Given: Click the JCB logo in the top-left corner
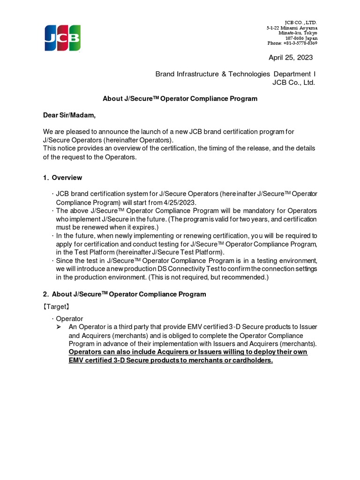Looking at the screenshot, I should [x=62, y=38].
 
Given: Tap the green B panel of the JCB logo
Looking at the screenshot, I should [x=74, y=38].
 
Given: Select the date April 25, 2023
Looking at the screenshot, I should [x=290, y=58].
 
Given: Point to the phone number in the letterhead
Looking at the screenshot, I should [x=292, y=43].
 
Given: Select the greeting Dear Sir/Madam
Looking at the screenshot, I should [x=70, y=115].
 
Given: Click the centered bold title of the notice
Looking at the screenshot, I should [x=180, y=99].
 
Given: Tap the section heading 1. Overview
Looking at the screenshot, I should [x=62, y=178].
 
